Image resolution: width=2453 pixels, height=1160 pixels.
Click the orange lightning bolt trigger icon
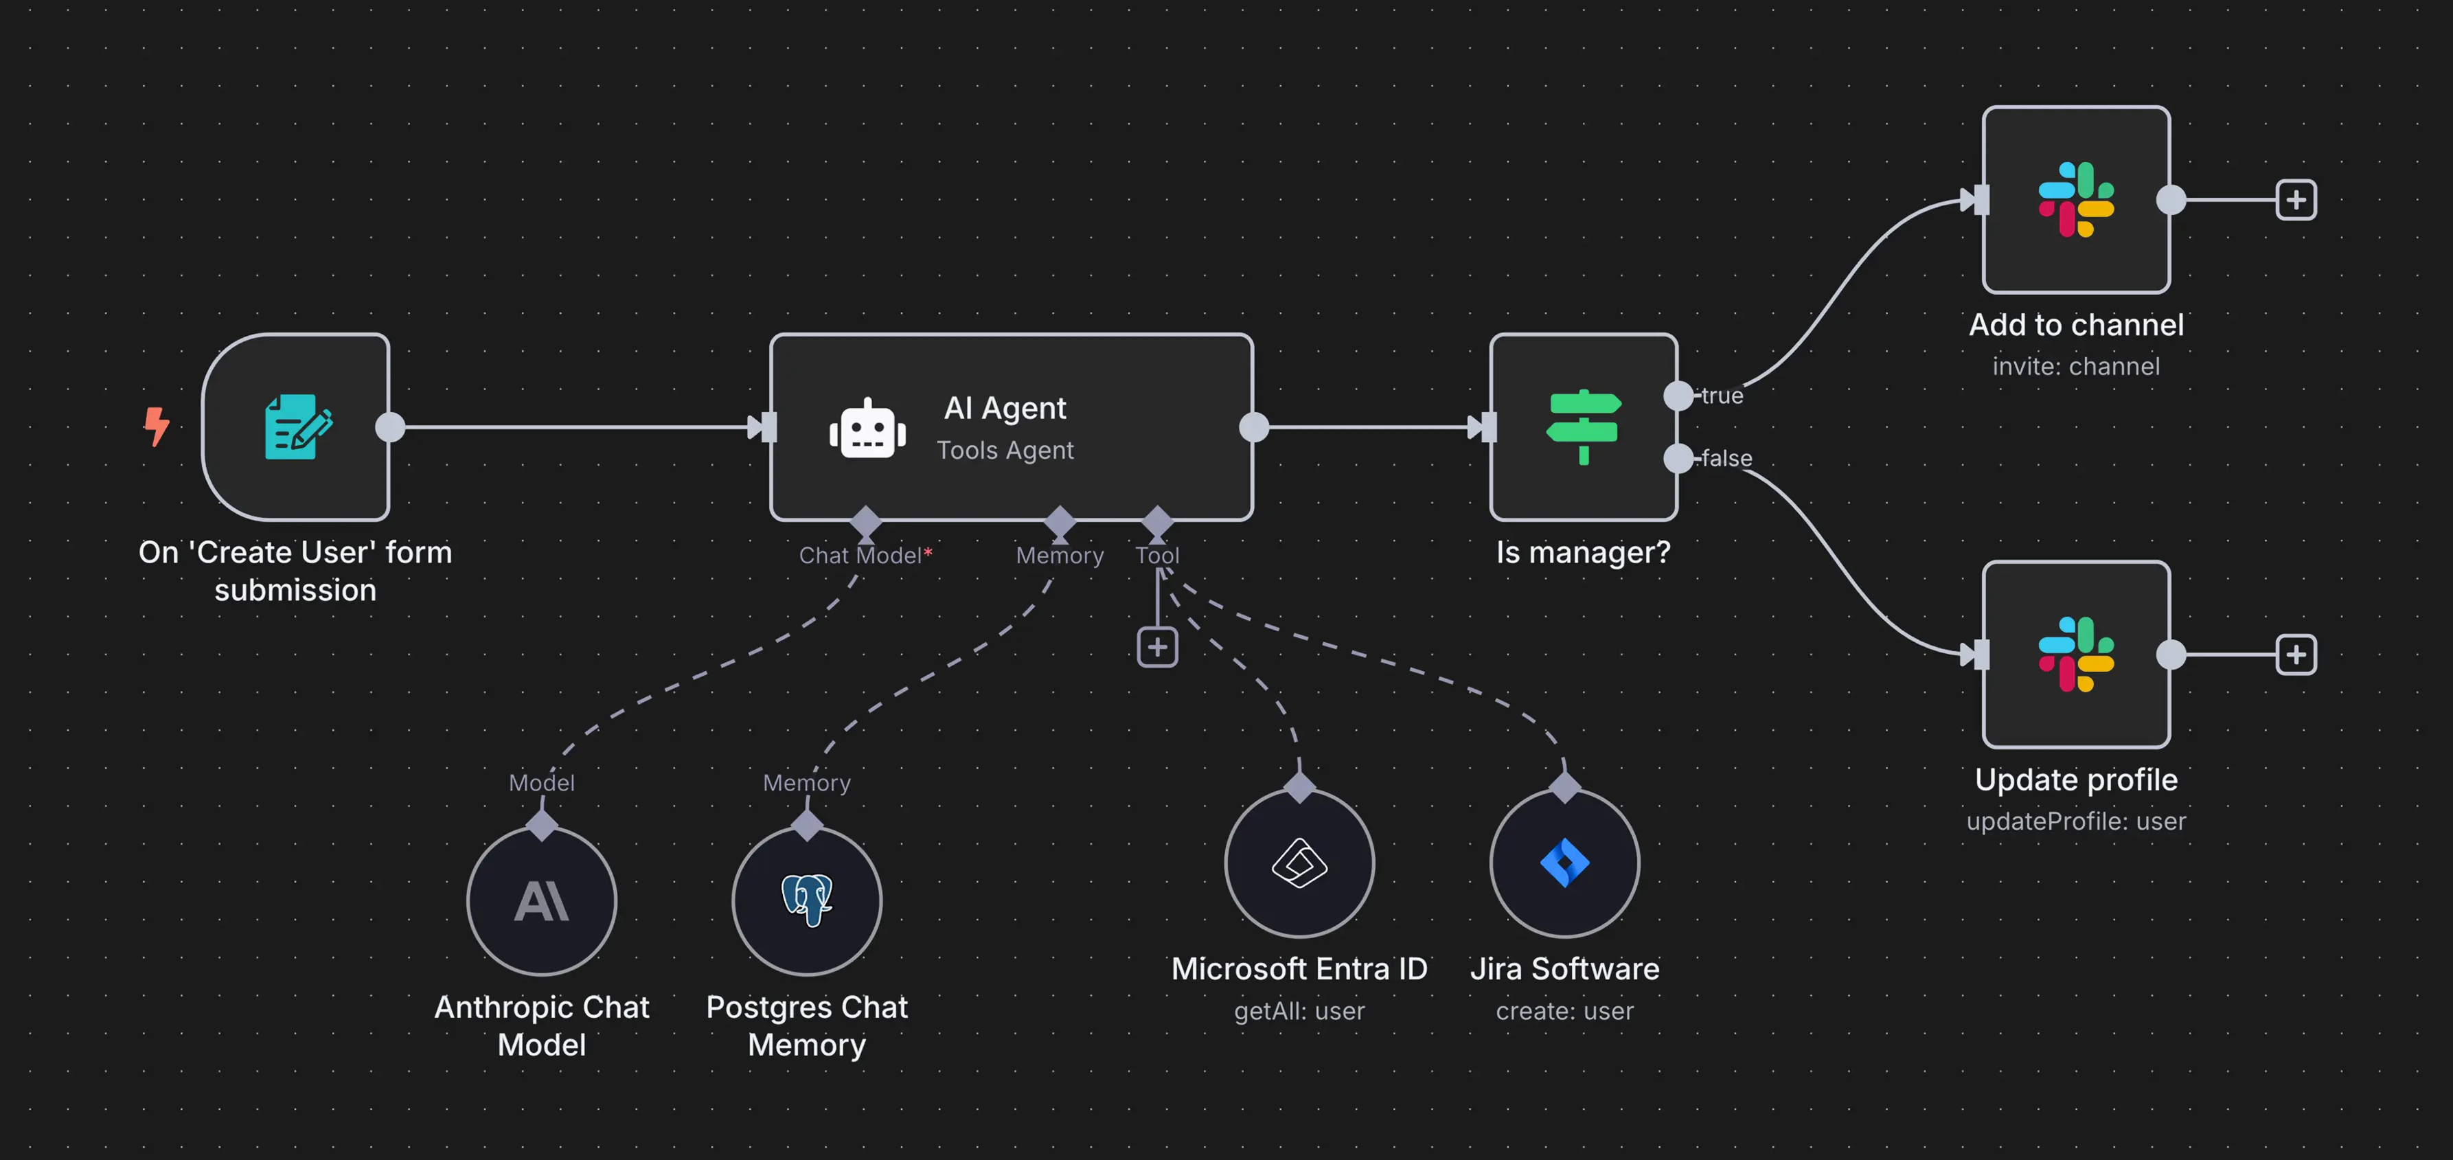click(156, 426)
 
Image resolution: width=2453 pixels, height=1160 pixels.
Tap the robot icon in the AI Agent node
click(867, 429)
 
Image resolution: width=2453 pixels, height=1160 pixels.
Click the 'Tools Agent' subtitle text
click(1005, 451)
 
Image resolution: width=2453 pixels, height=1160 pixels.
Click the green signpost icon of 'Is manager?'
click(1583, 427)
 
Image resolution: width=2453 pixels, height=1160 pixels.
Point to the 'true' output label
click(1722, 395)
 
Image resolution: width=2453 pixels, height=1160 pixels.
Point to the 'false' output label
click(1726, 458)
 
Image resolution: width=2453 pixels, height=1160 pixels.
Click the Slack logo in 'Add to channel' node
click(2076, 199)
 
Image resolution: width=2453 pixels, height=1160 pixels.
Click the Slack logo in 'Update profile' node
click(2076, 655)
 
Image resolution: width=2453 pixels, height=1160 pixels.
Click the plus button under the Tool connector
click(1157, 648)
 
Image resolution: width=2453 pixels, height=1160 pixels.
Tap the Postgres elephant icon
click(806, 899)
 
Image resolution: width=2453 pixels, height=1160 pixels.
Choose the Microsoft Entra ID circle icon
click(1299, 863)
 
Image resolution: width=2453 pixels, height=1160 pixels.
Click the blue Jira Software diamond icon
click(1564, 863)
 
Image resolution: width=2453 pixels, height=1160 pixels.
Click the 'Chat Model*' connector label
click(865, 555)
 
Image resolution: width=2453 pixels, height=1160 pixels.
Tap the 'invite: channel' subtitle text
click(2076, 367)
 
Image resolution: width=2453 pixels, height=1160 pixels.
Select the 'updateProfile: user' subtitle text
click(2076, 821)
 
